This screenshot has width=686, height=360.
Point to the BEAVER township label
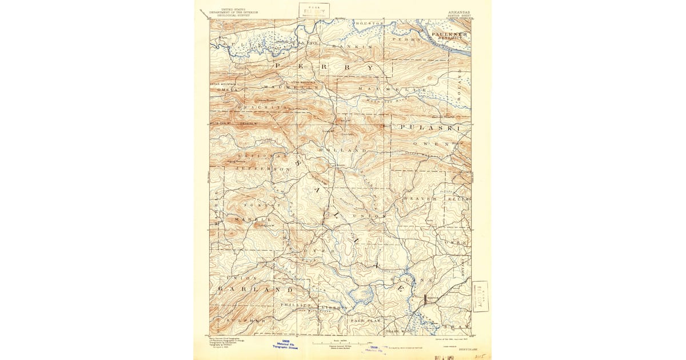click(420, 198)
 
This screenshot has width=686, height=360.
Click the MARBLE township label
click(252, 219)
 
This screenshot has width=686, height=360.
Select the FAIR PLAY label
click(366, 321)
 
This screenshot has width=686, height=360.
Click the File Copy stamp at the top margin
click(314, 11)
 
